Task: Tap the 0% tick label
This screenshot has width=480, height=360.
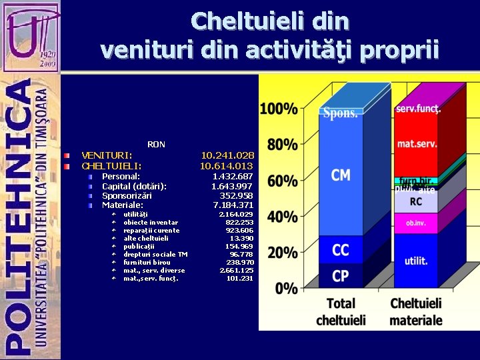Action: [287, 289]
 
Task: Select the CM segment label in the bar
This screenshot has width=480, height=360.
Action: [341, 175]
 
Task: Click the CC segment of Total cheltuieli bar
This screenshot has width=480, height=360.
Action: [341, 250]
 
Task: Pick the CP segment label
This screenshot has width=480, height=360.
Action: [341, 275]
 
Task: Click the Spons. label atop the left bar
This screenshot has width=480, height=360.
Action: [341, 113]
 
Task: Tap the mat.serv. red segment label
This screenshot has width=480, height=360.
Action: [416, 143]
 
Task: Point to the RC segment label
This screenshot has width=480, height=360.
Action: [416, 201]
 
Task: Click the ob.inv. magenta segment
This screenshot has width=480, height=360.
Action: [416, 223]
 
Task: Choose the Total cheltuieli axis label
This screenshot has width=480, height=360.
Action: [341, 311]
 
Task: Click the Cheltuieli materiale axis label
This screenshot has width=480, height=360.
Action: [416, 311]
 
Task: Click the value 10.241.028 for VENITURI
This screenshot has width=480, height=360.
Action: [227, 155]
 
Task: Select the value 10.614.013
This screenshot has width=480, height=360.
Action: [227, 165]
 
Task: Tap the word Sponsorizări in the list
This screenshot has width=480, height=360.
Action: [127, 195]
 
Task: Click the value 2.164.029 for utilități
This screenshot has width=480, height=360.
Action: [236, 214]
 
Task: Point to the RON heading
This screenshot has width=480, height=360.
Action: [156, 144]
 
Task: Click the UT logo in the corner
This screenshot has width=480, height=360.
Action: [29, 35]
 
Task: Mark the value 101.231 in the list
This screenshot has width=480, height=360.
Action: [239, 278]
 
